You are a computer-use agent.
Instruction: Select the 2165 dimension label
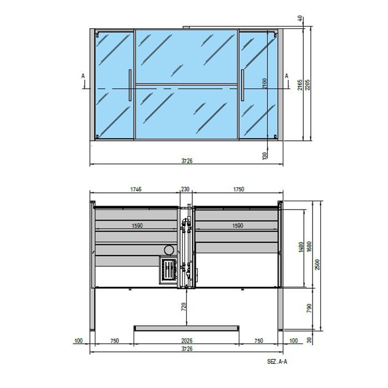click(x=300, y=84)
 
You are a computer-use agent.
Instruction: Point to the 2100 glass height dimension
click(x=266, y=83)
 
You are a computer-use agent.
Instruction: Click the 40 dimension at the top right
click(x=300, y=19)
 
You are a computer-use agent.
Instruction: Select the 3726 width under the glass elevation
click(x=187, y=161)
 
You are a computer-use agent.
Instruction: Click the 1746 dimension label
click(x=136, y=190)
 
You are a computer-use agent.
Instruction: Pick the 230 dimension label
click(x=186, y=190)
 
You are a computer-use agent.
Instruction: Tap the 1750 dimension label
click(x=238, y=190)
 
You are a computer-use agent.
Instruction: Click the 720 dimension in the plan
click(x=184, y=305)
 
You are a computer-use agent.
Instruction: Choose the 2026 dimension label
click(x=187, y=341)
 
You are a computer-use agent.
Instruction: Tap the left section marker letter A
click(x=83, y=75)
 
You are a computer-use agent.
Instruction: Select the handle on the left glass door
click(x=130, y=85)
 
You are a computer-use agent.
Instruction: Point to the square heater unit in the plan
click(x=169, y=270)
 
